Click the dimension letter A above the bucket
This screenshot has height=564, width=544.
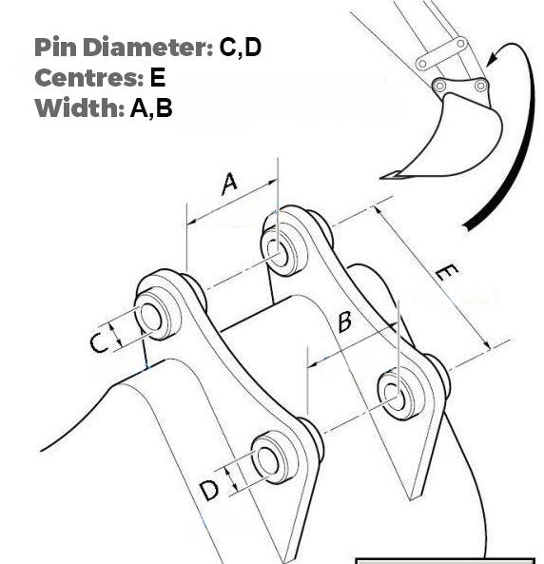(x=229, y=183)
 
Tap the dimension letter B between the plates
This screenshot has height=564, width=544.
(x=344, y=321)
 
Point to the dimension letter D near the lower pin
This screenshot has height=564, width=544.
(x=210, y=490)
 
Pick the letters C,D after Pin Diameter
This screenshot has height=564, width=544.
(x=240, y=48)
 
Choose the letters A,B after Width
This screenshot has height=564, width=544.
(x=151, y=107)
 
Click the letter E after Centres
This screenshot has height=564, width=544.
(x=158, y=77)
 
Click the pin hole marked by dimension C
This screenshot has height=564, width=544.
(x=150, y=318)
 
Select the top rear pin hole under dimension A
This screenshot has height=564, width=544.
(x=279, y=252)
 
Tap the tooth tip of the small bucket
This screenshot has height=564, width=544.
(x=386, y=175)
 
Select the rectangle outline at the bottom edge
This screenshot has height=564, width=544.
(x=445, y=560)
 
